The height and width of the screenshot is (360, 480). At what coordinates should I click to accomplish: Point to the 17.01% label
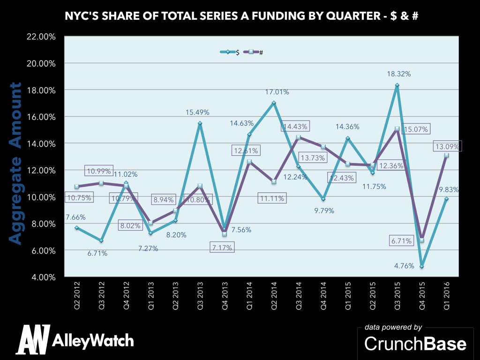(277, 92)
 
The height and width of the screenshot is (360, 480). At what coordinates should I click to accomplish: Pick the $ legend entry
(231, 52)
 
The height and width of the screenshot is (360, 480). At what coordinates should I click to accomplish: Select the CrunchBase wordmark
(415, 344)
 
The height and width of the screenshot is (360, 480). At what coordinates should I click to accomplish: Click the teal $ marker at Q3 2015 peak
(397, 85)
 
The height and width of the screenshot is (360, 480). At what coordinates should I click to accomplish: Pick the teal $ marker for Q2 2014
(274, 103)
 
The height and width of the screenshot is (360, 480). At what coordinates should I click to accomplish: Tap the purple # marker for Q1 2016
(447, 155)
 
